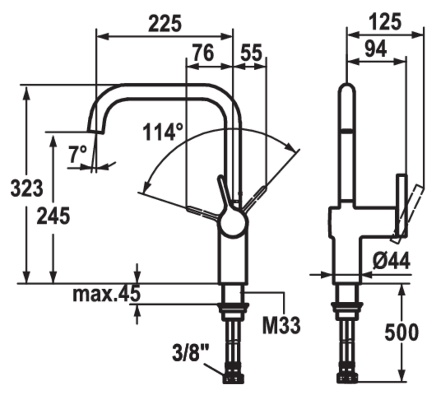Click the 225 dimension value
[165, 24]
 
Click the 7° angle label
[78, 154]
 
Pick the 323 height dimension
[26, 188]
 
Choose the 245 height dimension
[53, 216]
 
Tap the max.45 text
[106, 294]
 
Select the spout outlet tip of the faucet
[95, 130]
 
